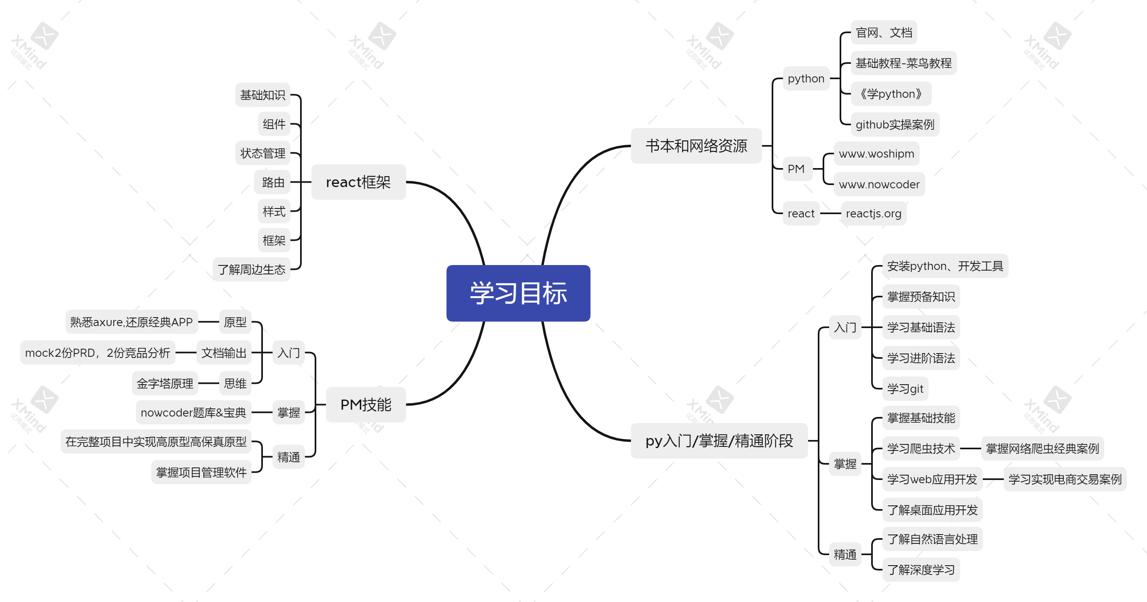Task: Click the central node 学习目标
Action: pyautogui.click(x=518, y=293)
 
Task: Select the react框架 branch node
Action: pyautogui.click(x=358, y=182)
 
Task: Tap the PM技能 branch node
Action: pyautogui.click(x=366, y=404)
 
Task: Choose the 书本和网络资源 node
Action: pyautogui.click(x=696, y=146)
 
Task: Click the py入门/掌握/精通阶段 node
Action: pyautogui.click(x=719, y=440)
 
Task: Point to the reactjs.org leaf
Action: pyautogui.click(x=874, y=214)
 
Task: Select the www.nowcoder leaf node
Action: pyautogui.click(x=879, y=184)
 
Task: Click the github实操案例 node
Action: pyautogui.click(x=895, y=124)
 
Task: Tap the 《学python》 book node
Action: pyautogui.click(x=891, y=94)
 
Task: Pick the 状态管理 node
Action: pyautogui.click(x=263, y=153)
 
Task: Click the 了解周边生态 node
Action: pyautogui.click(x=252, y=269)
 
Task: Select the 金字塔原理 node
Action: pyautogui.click(x=165, y=383)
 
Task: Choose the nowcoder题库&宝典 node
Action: pyautogui.click(x=193, y=413)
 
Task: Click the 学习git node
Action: pyautogui.click(x=905, y=389)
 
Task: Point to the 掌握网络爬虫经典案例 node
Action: pyautogui.click(x=1042, y=448)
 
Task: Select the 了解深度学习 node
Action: pyautogui.click(x=921, y=570)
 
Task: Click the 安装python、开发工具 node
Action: pyautogui.click(x=945, y=266)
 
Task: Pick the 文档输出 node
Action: pyautogui.click(x=224, y=353)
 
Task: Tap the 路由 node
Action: pyautogui.click(x=273, y=182)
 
